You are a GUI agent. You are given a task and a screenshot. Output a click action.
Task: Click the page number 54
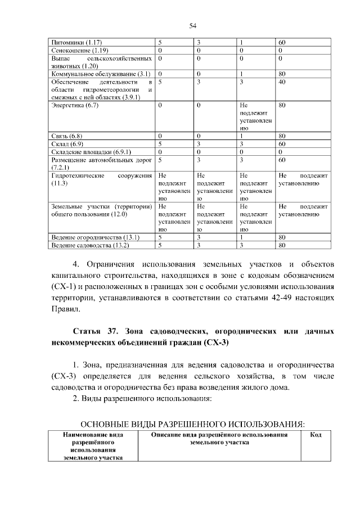(192, 25)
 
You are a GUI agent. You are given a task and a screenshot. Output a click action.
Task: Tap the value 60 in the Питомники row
(282, 43)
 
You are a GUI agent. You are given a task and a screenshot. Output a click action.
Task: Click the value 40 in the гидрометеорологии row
(282, 82)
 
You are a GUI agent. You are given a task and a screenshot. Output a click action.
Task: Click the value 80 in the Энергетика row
(282, 105)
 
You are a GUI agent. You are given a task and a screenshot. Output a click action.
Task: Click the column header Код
(316, 435)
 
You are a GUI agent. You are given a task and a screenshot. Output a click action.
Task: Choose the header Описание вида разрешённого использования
(219, 435)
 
